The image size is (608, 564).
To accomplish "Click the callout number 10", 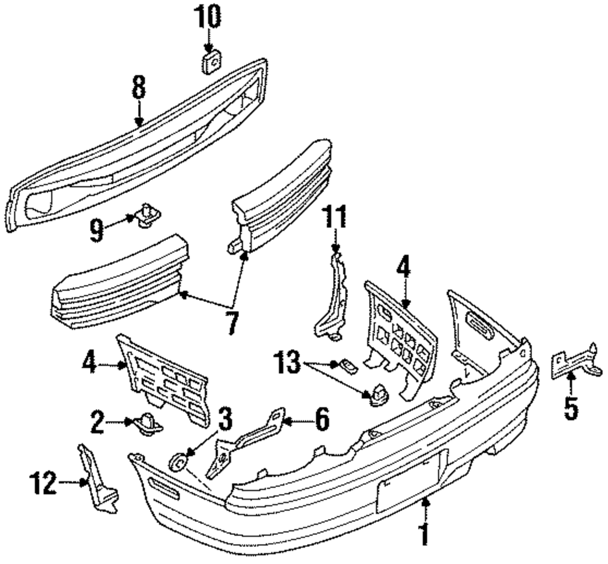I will click(208, 17).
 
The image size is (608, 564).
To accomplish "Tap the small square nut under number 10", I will click(210, 61).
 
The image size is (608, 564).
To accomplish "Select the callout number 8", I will click(139, 88).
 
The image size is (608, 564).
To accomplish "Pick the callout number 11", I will click(334, 218).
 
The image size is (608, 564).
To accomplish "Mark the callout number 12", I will click(44, 484).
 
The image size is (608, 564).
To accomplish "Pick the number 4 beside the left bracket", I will click(89, 365).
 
